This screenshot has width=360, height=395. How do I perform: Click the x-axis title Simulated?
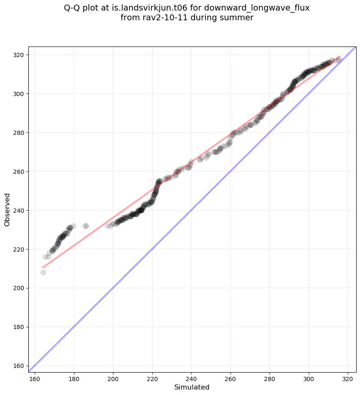[192, 387]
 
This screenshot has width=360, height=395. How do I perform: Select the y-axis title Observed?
[7, 210]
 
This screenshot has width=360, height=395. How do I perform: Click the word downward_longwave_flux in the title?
[257, 8]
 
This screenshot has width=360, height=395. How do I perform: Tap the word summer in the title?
[238, 18]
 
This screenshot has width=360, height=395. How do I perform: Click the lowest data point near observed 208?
[43, 272]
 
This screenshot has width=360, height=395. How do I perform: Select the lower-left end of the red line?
[43, 268]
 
